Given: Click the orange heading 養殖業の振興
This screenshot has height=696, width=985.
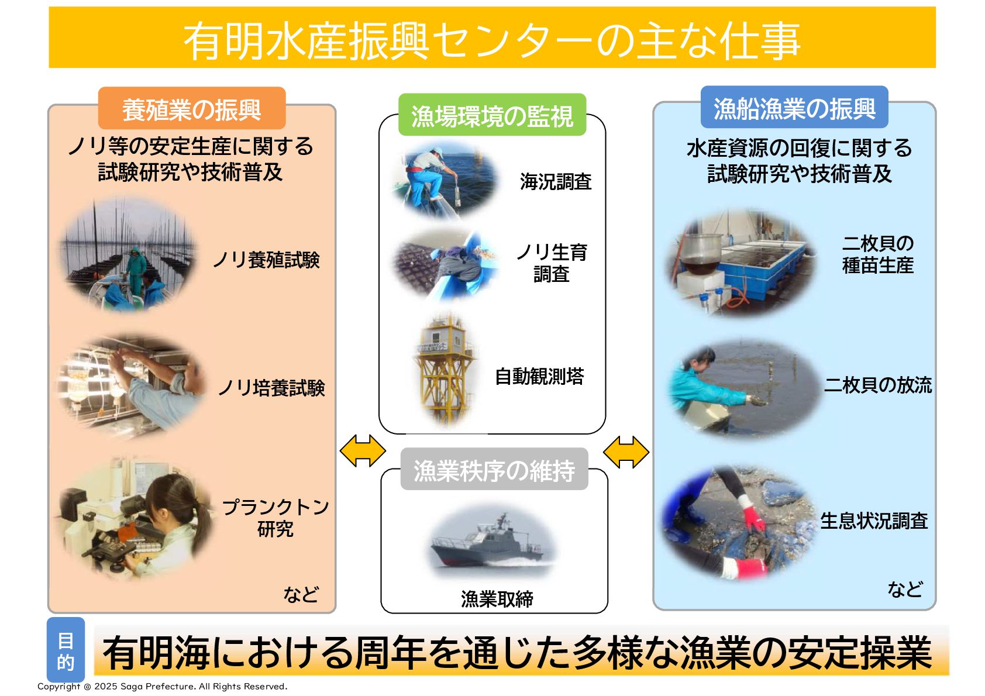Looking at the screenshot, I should pos(191,109).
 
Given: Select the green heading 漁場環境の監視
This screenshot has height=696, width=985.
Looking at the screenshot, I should pos(492,115).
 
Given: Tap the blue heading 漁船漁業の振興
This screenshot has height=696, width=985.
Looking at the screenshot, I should pos(794,108).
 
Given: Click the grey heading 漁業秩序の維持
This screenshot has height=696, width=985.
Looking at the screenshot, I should pos(494,470).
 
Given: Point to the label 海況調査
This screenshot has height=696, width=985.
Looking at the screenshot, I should pos(555,182).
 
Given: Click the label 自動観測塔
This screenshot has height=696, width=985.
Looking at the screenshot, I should pos(539,376).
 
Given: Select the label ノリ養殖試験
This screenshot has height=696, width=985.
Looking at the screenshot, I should pos(266,260).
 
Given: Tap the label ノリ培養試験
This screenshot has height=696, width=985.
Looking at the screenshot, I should pos(271,387).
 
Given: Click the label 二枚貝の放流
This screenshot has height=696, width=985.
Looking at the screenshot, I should pos(877,385).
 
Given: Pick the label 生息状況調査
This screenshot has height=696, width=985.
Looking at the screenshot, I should pos(873,521).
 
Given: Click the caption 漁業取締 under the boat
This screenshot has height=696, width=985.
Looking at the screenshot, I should pos(497,598).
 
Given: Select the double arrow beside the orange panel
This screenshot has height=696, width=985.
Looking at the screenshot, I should pos(363,452).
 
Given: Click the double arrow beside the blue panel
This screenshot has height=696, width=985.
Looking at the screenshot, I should pos(626,452).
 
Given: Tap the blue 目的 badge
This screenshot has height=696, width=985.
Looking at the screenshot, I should pos(66,650).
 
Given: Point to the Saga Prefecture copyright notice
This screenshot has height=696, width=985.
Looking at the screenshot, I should pos(162,686).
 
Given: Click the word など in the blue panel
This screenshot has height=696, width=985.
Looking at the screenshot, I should pos(905,588).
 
